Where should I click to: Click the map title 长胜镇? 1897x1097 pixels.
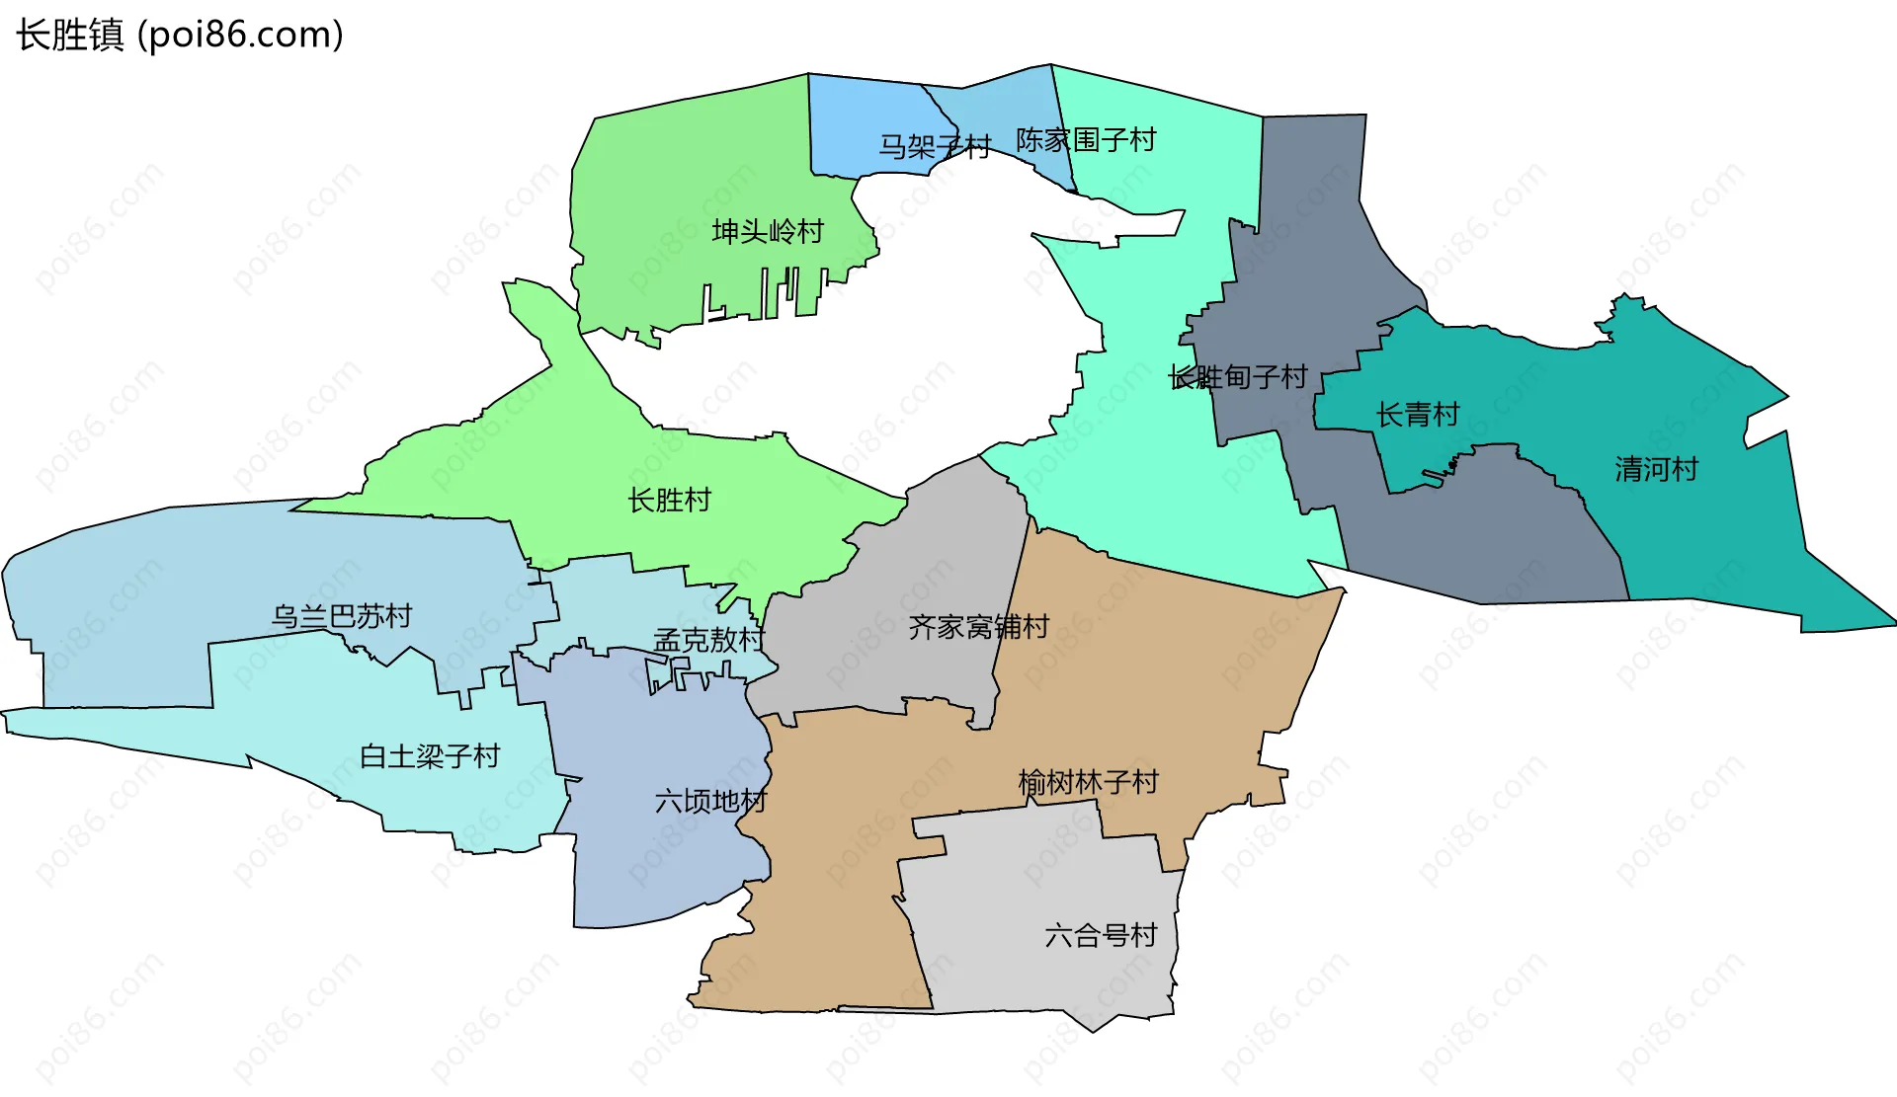69,35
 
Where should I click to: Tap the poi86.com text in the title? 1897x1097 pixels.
240,35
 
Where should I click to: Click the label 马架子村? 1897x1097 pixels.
935,147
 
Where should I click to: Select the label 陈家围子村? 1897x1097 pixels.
1086,140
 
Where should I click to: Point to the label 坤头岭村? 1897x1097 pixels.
768,232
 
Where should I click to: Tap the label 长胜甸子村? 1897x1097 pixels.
1238,377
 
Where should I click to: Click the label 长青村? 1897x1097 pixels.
1418,415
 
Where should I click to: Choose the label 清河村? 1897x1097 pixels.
1656,469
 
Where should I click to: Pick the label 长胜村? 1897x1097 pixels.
669,501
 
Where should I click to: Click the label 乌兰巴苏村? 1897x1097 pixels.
341,617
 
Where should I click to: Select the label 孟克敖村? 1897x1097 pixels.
708,641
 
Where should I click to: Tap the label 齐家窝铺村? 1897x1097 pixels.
978,627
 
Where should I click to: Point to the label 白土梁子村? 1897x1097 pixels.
430,756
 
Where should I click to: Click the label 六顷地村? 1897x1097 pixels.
710,801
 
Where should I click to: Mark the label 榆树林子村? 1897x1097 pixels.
1088,783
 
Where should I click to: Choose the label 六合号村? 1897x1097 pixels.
1101,935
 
